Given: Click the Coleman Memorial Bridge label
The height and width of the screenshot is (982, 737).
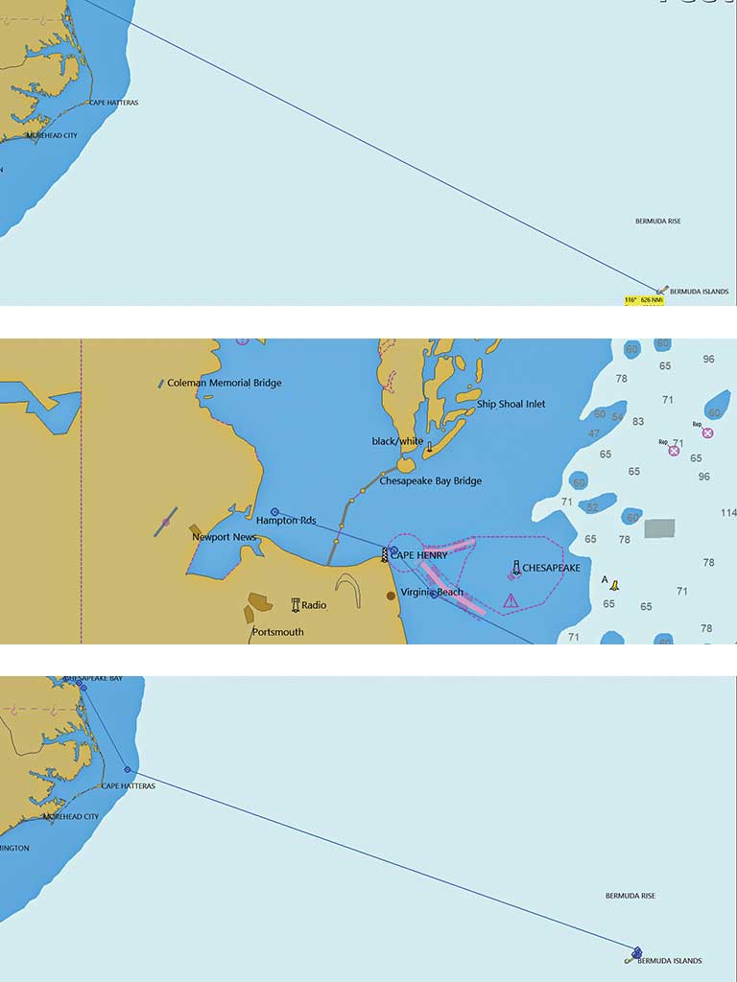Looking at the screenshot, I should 225,384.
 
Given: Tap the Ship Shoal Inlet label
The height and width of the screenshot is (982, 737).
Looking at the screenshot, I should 511,405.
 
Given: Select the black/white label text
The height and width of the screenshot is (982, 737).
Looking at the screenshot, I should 397,441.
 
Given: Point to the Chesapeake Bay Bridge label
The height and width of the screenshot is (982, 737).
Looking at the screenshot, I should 430,481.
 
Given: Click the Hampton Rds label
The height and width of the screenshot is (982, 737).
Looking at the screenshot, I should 285,522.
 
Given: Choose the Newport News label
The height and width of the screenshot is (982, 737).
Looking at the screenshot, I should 224,537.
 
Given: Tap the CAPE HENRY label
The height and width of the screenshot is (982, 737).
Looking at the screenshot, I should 418,555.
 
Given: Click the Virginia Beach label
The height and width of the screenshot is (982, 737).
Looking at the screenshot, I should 432,593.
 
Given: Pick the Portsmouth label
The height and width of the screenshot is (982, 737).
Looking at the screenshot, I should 277,633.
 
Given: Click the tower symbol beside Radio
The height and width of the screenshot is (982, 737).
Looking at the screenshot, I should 296,605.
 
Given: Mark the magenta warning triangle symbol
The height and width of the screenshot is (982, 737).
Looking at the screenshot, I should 511,601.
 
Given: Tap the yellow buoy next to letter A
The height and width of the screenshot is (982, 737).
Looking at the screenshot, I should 614,585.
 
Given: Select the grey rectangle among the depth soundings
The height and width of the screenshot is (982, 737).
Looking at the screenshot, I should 659,528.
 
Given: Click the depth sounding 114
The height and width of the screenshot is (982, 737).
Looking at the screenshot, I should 727,514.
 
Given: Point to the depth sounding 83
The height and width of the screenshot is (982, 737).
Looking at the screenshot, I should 638,422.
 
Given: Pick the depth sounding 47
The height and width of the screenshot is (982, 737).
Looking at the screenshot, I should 594,434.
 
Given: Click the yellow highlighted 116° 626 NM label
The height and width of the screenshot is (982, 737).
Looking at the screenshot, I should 644,300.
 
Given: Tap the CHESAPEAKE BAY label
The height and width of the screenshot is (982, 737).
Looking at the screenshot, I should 93,678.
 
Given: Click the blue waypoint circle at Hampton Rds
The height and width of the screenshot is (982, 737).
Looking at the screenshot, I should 274,512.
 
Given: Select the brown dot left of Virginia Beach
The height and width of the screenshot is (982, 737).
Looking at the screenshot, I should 391,596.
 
